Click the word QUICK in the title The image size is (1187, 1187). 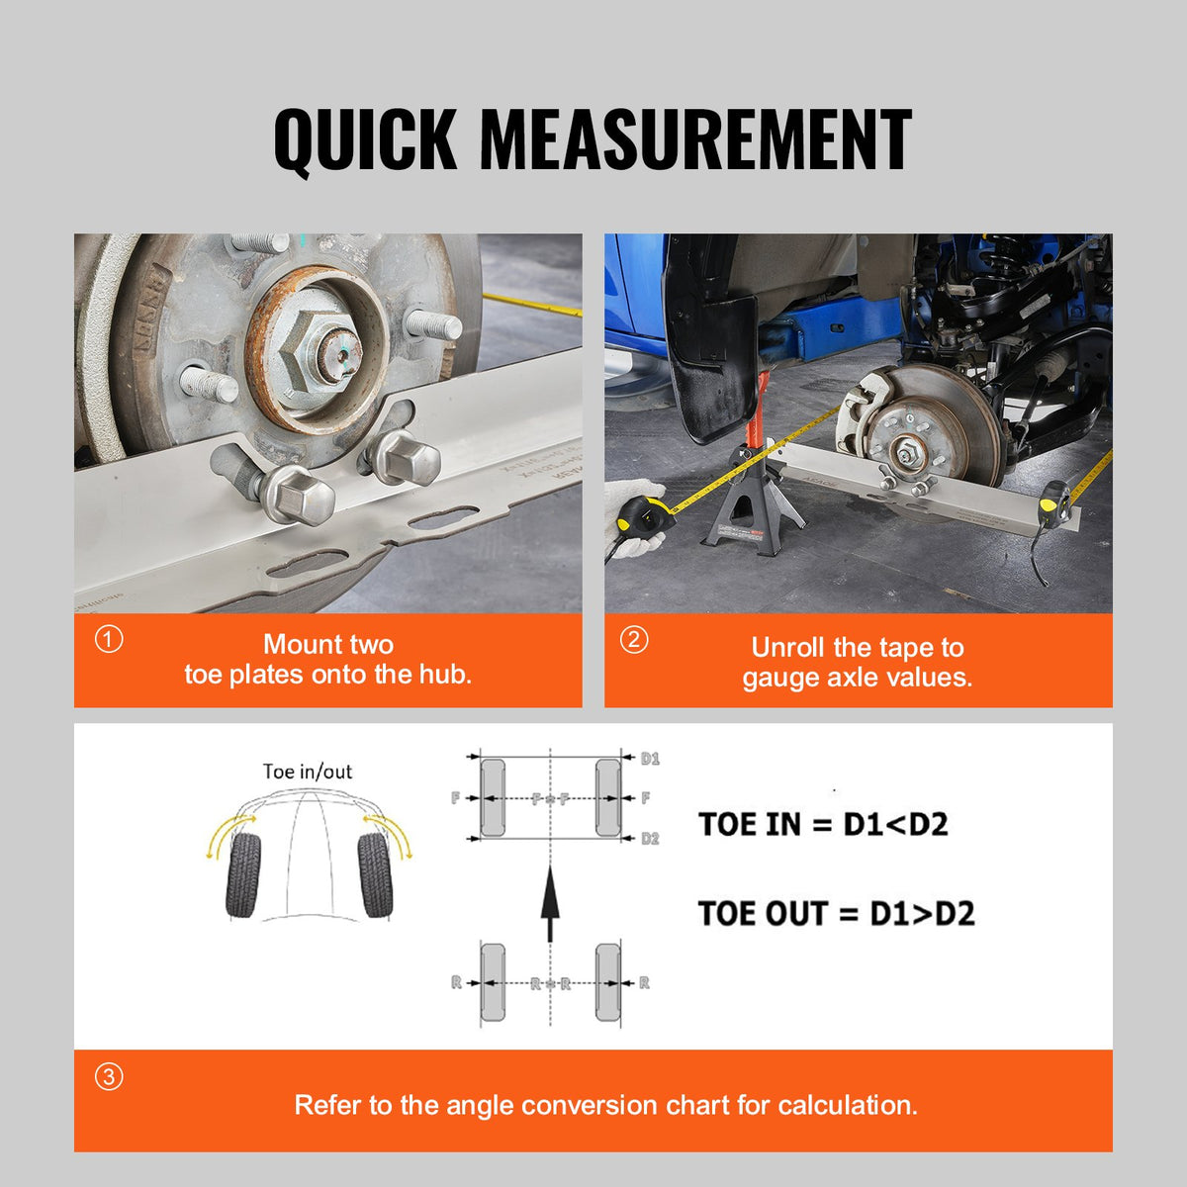[365, 140]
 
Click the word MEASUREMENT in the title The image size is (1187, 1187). [695, 140]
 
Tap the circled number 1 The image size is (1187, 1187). [109, 640]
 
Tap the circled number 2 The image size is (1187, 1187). [634, 640]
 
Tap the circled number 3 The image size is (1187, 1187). [109, 1076]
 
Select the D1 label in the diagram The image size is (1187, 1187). [650, 759]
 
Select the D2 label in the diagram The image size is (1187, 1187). [650, 839]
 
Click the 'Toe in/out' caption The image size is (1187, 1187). [307, 772]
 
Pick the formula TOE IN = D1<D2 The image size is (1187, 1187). [823, 824]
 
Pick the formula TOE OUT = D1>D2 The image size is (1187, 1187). [836, 913]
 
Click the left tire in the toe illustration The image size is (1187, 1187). [244, 874]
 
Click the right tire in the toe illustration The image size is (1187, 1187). [375, 874]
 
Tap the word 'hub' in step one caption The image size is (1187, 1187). [446, 675]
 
